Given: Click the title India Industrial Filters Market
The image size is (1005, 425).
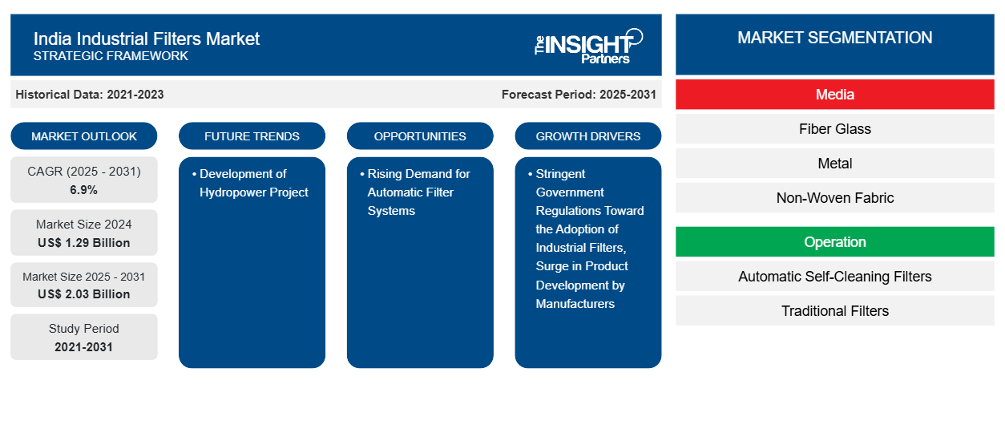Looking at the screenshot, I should click(x=147, y=38).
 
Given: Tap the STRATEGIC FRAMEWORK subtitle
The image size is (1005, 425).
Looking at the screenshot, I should click(x=111, y=56).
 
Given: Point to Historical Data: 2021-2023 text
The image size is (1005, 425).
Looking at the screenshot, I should click(x=89, y=95).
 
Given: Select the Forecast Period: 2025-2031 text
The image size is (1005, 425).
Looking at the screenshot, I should click(x=579, y=95).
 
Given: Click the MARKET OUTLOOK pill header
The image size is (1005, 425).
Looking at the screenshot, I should click(x=84, y=136).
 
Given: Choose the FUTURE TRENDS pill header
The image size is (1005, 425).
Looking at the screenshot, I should click(x=252, y=136).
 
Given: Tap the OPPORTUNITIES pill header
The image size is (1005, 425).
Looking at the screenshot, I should click(x=420, y=136).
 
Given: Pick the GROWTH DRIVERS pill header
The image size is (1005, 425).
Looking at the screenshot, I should click(x=588, y=136).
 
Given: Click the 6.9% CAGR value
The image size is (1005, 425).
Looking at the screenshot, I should click(x=84, y=190).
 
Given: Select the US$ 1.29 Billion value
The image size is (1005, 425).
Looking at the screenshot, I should click(x=84, y=243).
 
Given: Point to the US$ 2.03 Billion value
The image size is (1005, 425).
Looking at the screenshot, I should click(x=84, y=294).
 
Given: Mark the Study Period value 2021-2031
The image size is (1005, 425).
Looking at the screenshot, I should click(x=84, y=347).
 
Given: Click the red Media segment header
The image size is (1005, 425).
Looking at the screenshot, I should click(x=834, y=95).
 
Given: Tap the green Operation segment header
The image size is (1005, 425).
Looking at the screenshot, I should click(x=834, y=242).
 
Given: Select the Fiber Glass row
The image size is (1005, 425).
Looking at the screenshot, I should click(x=834, y=129).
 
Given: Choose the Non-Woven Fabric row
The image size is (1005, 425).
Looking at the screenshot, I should click(x=834, y=198).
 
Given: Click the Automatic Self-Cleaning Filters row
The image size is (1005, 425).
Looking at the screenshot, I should click(x=834, y=277).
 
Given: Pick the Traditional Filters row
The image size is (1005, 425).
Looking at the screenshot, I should click(x=834, y=311).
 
